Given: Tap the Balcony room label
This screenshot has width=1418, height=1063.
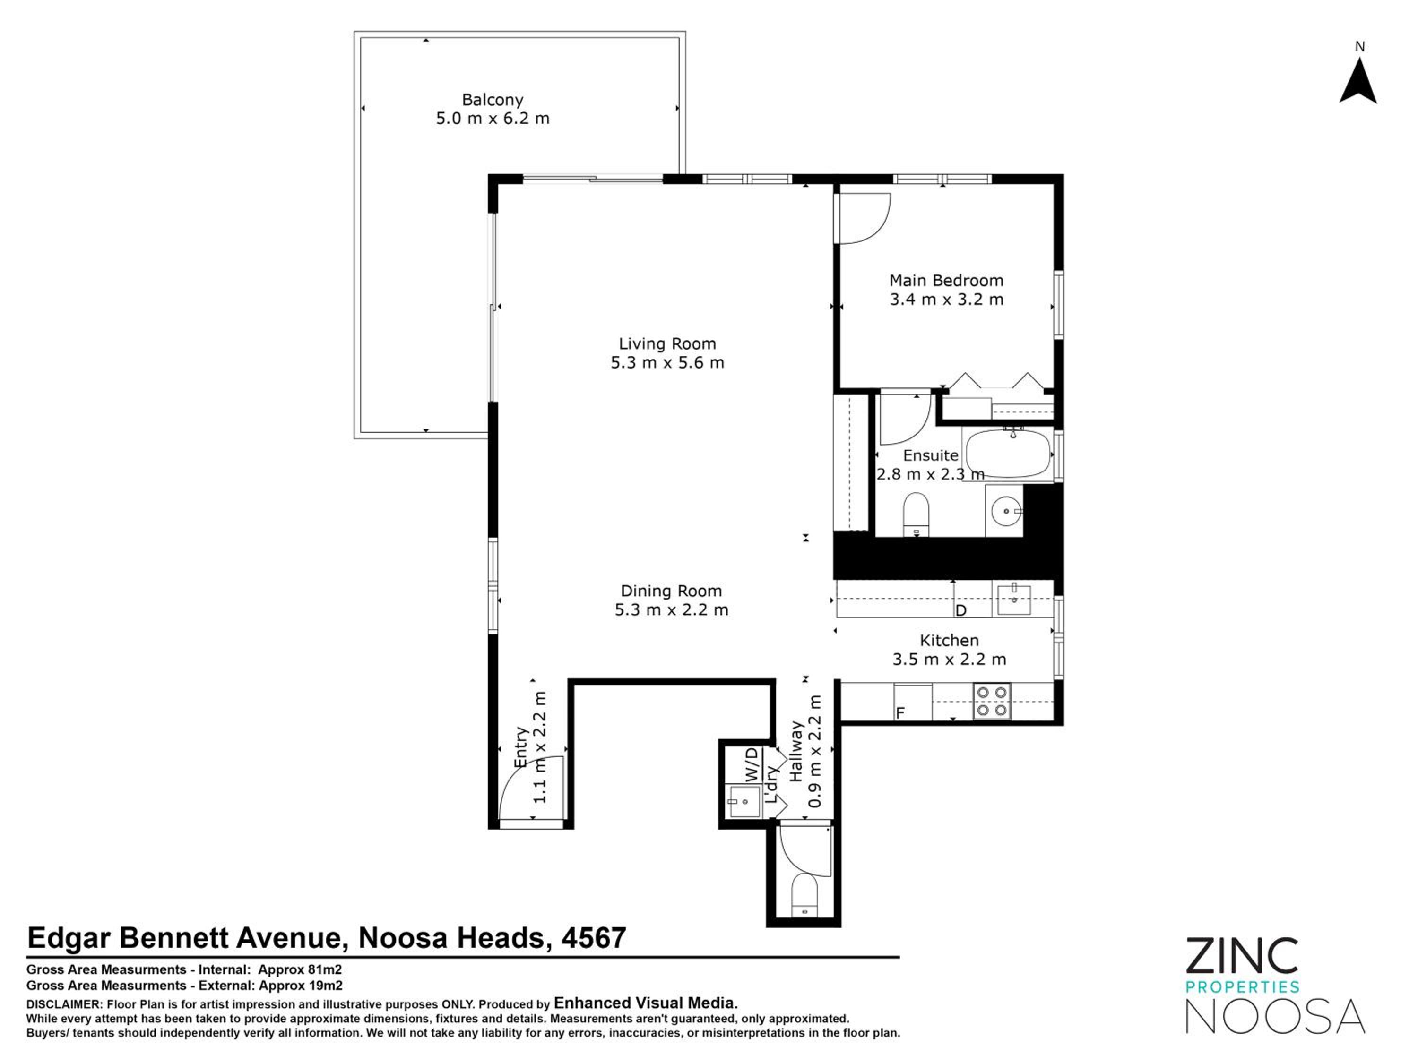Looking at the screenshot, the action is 493,100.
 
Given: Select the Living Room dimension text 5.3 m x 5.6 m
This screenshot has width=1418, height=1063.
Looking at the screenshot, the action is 667,363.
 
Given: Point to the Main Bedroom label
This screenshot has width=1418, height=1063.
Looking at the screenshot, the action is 946,280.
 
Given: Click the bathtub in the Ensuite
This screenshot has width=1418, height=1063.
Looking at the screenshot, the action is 1008,453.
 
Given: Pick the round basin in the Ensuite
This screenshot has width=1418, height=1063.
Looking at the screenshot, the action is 1006,511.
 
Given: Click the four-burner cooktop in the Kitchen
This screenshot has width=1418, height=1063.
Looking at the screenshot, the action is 992,701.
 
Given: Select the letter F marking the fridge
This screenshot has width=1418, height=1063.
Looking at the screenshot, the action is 900,713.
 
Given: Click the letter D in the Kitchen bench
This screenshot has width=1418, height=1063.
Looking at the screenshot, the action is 961,610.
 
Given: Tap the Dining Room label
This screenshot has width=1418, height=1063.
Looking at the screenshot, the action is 671,591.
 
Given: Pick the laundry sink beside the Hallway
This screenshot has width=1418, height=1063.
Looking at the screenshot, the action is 743,801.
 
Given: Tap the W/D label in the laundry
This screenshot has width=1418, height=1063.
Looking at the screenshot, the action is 752,764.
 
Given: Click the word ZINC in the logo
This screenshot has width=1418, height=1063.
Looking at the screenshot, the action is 1242,957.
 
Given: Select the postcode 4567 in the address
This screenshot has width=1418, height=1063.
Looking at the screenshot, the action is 594,939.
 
